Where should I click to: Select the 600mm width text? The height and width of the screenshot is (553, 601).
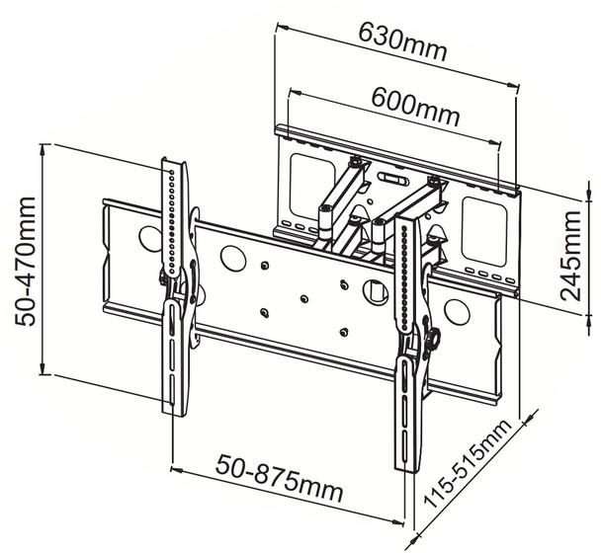point(415,106)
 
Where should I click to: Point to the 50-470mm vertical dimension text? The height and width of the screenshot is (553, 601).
point(23,260)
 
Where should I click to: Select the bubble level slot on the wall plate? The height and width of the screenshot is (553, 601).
point(389,180)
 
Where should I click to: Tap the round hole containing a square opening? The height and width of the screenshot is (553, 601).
point(373,292)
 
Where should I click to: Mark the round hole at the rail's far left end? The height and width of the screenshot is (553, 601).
point(148,238)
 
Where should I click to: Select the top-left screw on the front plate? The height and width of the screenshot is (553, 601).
point(265,265)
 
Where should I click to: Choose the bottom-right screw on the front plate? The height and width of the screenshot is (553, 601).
point(341,330)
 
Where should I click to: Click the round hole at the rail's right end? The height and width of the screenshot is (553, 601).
point(456,312)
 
